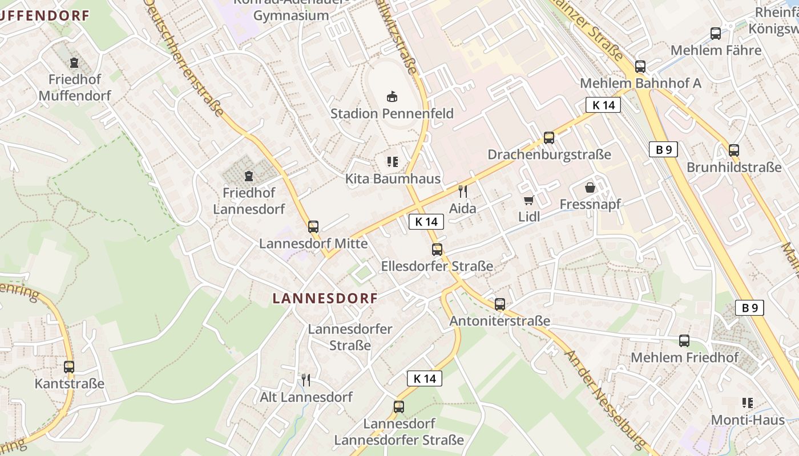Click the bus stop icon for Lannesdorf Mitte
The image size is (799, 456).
click(313, 226)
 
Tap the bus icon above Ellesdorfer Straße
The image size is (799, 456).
click(437, 249)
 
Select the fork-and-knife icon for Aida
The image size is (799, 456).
click(463, 191)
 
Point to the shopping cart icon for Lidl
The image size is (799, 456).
click(529, 199)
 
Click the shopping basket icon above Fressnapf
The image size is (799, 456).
click(590, 187)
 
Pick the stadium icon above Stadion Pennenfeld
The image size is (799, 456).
click(392, 96)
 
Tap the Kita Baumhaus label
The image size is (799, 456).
click(393, 179)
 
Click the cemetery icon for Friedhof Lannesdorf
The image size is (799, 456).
click(248, 176)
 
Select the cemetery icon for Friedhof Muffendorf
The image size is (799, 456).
click(74, 62)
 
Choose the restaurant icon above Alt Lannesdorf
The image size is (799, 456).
click(306, 380)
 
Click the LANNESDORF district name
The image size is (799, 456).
click(325, 298)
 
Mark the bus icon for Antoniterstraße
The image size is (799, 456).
click(500, 304)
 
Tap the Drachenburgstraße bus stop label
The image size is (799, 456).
click(549, 154)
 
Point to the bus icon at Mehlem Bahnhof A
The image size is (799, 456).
click(640, 66)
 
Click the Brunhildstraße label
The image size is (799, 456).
click(734, 168)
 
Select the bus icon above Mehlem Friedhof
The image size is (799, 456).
click(684, 341)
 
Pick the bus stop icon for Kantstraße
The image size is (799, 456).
click(69, 367)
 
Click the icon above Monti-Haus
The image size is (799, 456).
click(748, 403)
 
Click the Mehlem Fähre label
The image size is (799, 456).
click(716, 50)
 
